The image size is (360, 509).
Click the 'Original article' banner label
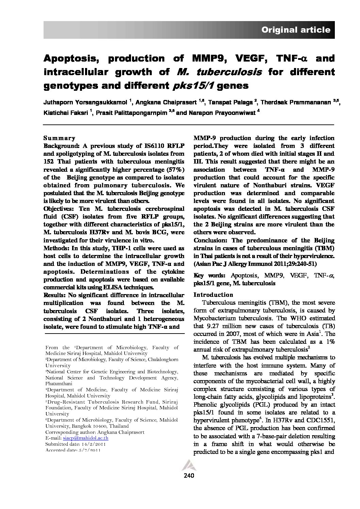296,30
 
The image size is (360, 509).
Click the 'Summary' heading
59,138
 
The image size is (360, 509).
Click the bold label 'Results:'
55,295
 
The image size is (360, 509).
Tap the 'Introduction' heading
213,295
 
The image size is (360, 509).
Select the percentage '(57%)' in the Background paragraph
176,169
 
